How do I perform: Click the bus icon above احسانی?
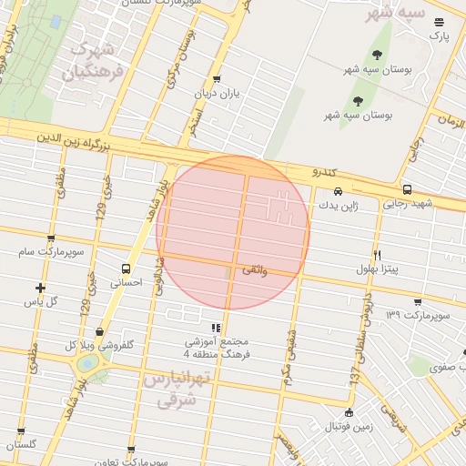126,268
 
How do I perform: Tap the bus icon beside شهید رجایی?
406,190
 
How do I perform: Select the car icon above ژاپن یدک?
338,191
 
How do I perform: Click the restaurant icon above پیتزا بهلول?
377,255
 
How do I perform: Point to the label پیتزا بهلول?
372,270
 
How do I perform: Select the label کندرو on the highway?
324,172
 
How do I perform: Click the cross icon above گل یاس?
40,287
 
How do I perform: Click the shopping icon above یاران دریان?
216,79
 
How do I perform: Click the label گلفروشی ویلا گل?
101,345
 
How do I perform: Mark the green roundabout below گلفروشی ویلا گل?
87,364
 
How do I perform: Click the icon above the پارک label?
440,22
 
